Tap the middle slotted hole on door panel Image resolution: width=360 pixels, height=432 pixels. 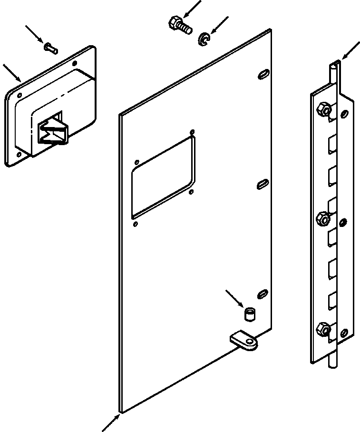[x=262, y=184]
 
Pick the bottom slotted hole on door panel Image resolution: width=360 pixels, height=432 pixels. [x=262, y=294]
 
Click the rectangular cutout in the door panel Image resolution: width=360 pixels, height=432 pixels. [x=163, y=175]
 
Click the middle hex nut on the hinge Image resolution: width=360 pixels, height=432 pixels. [x=323, y=219]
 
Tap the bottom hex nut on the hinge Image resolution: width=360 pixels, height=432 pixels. [x=323, y=328]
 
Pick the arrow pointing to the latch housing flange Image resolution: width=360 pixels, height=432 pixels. [x=12, y=71]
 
